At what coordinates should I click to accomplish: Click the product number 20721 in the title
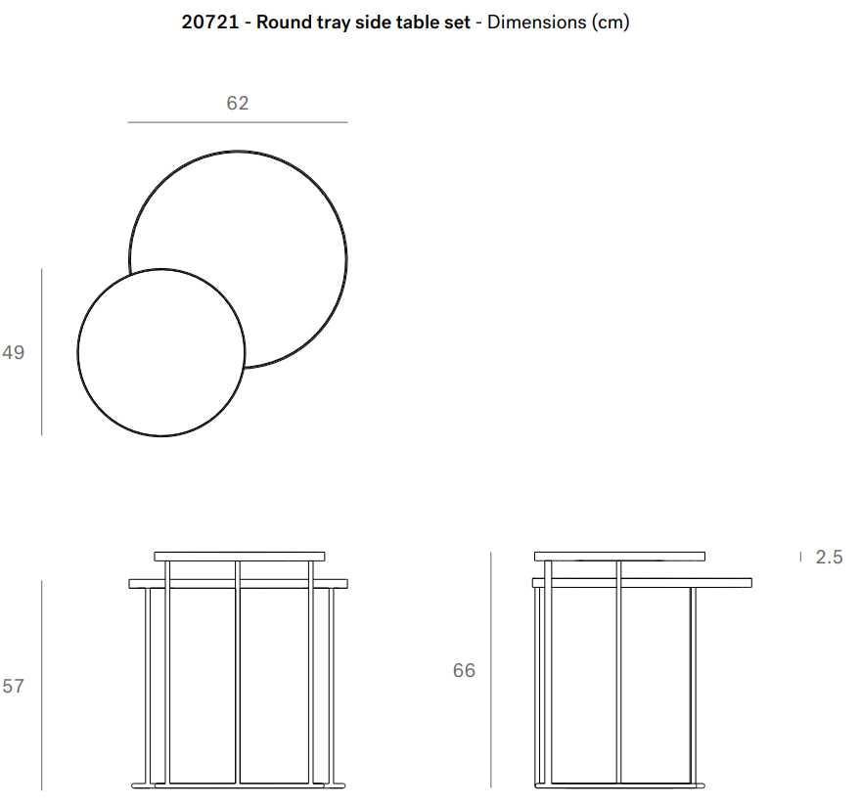pos(210,22)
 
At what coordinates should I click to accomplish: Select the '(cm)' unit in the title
pos(611,22)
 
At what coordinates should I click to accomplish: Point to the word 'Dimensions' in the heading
pos(537,22)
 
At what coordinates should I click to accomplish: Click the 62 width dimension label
pos(238,104)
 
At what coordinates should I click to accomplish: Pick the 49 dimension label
pos(13,352)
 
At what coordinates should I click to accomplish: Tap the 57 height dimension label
pos(13,687)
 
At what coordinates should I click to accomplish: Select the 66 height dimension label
pos(464,670)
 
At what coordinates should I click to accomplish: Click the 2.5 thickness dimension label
pos(829,558)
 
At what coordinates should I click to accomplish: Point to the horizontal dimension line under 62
pos(238,122)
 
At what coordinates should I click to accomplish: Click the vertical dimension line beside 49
pos(42,352)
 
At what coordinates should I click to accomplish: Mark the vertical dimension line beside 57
pos(42,685)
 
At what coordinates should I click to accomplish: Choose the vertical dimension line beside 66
pos(491,670)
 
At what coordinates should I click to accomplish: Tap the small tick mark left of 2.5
pos(800,557)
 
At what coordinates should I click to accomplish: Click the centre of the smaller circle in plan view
pos(161,352)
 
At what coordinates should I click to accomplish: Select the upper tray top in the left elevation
pos(240,557)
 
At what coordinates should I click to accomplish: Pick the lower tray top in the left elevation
pos(239,584)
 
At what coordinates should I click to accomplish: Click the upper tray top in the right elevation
pos(620,557)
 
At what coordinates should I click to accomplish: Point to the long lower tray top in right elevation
pos(643,582)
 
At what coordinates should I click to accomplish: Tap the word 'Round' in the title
pos(284,22)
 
